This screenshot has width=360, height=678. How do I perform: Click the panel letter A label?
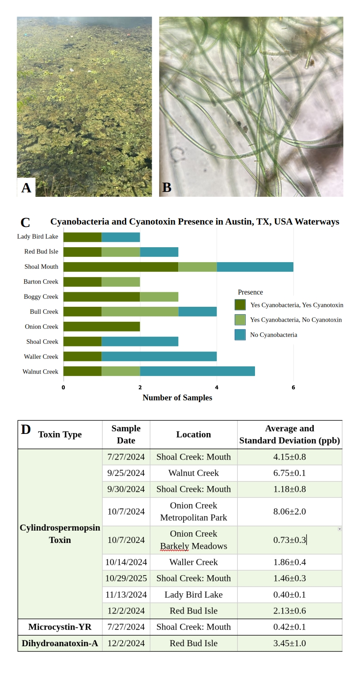[x=26, y=188]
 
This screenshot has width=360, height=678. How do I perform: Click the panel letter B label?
[x=167, y=188]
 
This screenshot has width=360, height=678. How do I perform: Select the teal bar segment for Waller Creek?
[x=159, y=356]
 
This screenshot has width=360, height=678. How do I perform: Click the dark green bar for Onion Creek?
[x=101, y=327]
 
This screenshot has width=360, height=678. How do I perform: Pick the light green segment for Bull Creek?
[x=140, y=312]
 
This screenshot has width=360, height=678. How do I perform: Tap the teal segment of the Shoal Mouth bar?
[x=255, y=267]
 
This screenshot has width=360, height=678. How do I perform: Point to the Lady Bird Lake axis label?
[x=37, y=237]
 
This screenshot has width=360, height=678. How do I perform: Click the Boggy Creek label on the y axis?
[x=41, y=297]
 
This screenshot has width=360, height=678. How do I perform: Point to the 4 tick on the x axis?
[x=217, y=388]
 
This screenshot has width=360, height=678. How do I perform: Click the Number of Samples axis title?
[x=177, y=398]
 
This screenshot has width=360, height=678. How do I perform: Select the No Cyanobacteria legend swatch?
[x=240, y=335]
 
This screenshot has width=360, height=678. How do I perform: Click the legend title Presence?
[x=250, y=292]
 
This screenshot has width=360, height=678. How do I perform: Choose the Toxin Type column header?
[x=60, y=435]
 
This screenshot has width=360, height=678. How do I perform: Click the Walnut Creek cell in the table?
[x=193, y=473]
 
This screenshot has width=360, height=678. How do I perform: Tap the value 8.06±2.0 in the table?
[x=289, y=512]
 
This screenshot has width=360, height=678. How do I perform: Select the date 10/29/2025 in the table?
[x=126, y=578]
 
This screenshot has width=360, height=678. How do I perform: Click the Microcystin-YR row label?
[x=60, y=627]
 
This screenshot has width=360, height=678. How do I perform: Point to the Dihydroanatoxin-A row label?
[x=60, y=643]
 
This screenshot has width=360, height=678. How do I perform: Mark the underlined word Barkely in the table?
[x=174, y=546]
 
